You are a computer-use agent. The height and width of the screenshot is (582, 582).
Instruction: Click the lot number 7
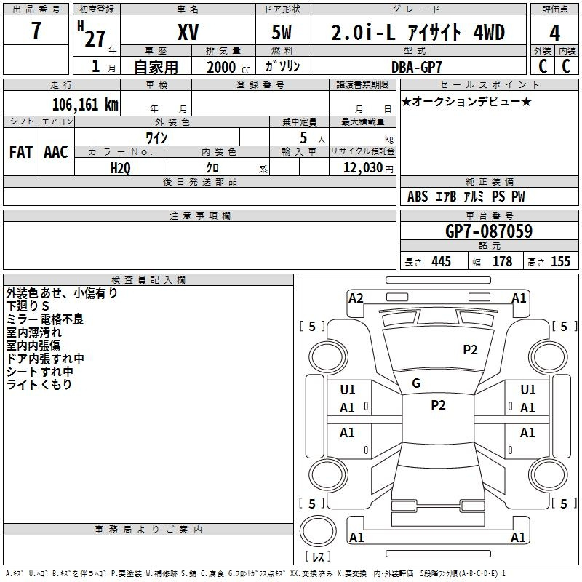click(36, 30)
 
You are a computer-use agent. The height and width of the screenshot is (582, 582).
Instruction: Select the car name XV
click(188, 32)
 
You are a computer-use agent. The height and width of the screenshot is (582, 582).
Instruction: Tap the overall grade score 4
click(554, 33)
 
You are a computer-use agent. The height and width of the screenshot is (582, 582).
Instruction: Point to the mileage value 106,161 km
click(85, 105)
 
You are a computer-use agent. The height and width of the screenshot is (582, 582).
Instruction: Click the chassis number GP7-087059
click(489, 231)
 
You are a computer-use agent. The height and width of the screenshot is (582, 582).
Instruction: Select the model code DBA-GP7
click(417, 67)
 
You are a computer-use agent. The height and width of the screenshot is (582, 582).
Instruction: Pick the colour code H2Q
click(121, 168)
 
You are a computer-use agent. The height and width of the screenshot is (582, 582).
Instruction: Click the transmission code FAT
click(21, 152)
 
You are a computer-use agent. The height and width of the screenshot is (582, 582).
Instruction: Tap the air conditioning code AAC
click(56, 152)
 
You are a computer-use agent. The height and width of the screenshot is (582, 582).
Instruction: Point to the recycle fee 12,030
click(363, 168)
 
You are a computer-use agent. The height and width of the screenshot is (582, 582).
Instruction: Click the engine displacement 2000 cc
click(228, 68)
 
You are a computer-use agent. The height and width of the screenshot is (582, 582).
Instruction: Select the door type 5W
click(282, 32)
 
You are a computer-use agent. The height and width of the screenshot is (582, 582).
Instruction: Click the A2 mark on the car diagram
click(356, 298)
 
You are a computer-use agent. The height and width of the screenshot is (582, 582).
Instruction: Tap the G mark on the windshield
click(416, 383)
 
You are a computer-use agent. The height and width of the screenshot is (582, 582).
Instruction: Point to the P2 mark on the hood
click(470, 350)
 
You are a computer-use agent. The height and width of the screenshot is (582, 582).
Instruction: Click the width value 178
click(502, 261)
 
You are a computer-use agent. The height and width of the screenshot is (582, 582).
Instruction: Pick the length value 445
click(442, 261)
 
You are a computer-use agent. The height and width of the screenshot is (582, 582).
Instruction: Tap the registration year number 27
click(95, 39)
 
